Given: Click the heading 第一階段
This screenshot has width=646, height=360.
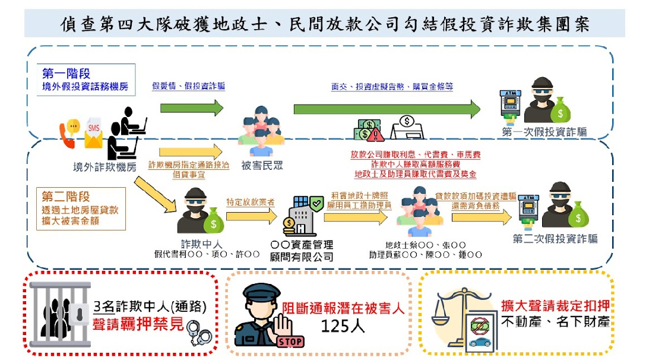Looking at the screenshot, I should point(66,74).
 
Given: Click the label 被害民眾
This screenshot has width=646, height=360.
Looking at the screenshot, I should point(262,166).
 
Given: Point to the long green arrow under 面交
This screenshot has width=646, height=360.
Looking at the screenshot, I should point(387,109).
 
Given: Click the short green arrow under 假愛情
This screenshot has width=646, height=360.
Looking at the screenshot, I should point(191,108).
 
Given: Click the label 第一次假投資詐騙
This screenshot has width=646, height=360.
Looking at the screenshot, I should point(544,132).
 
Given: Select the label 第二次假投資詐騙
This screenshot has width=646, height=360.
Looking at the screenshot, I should point(555,239).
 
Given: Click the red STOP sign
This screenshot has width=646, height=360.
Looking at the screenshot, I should point(290,341).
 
